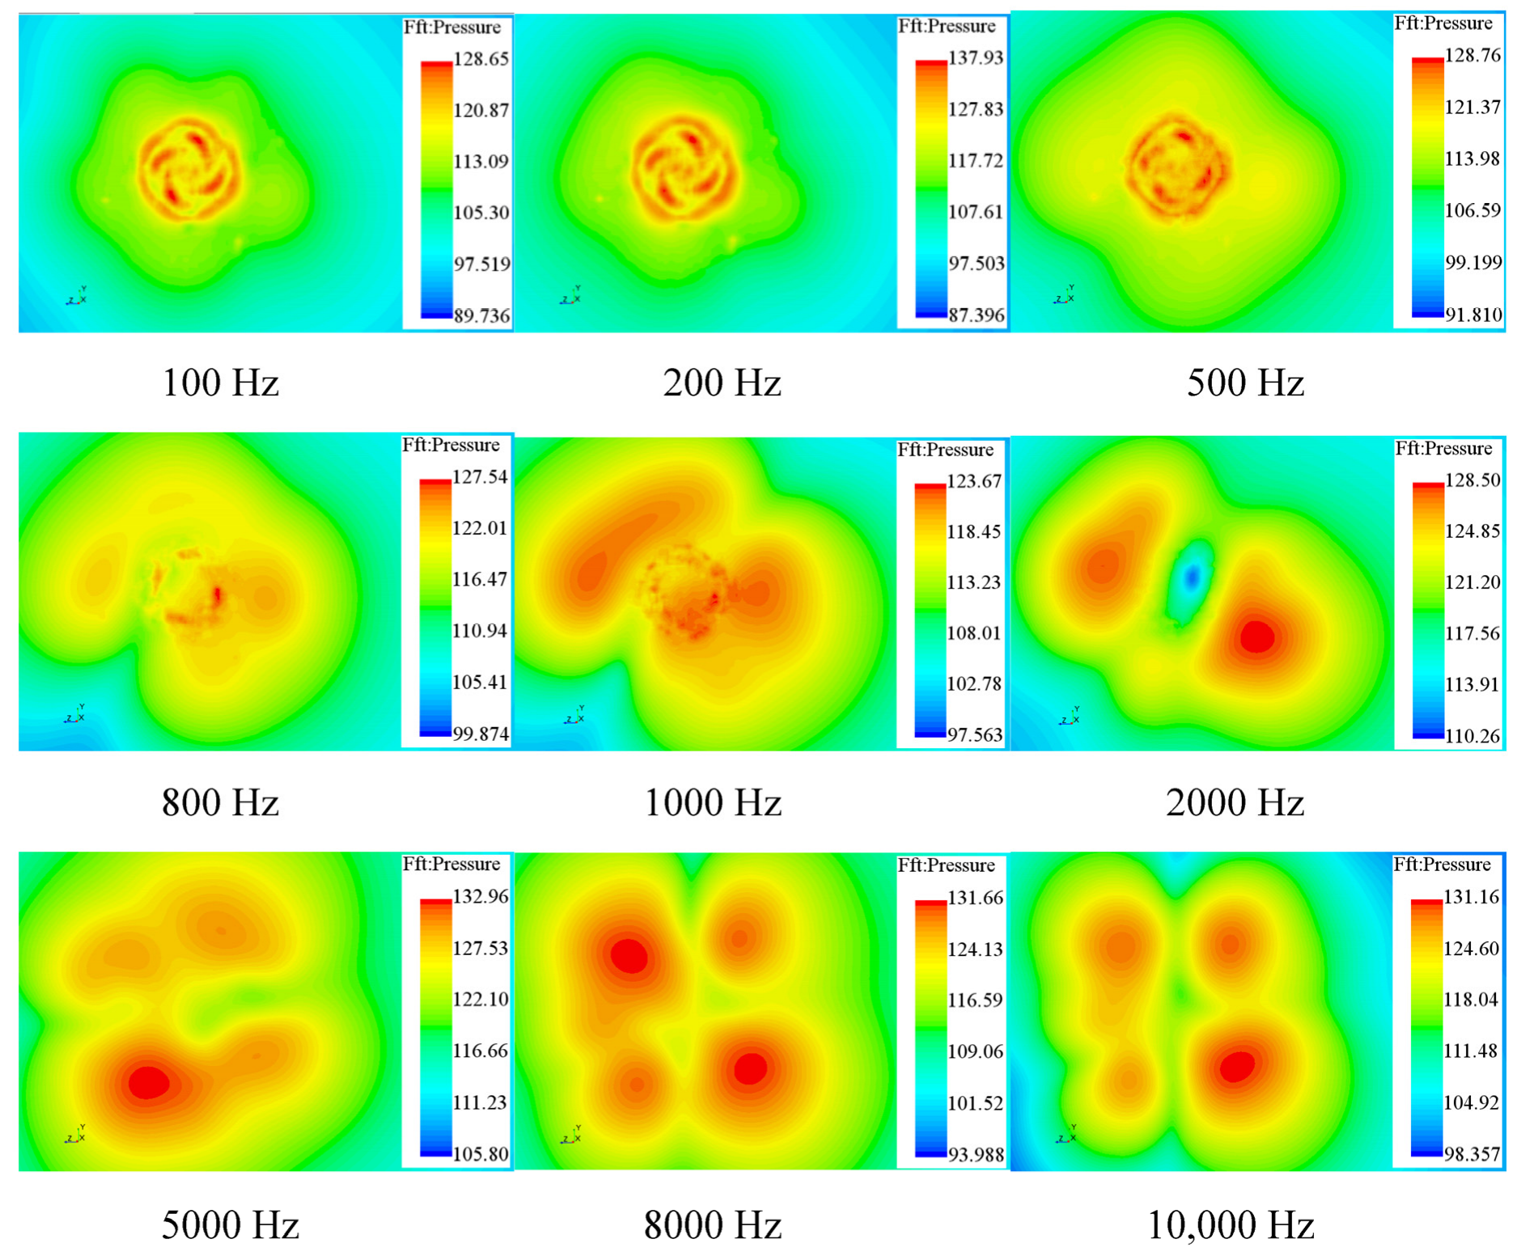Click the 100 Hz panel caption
(220, 383)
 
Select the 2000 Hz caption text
(1234, 802)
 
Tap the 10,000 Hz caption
(1230, 1224)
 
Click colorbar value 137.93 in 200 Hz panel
(976, 57)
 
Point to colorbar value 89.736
(481, 315)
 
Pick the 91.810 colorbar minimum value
(1473, 315)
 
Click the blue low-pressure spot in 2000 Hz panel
(1192, 576)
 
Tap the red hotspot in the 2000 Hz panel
(1256, 636)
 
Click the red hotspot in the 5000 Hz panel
(149, 1082)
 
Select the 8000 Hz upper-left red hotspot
(629, 956)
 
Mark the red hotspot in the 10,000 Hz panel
(1236, 1067)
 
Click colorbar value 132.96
(481, 896)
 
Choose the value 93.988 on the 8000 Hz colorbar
(976, 1155)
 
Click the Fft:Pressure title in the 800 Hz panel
(451, 446)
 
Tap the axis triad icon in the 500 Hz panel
(1065, 297)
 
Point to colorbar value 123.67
(974, 481)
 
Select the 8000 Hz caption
(712, 1224)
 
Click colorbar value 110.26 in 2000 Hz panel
(1473, 736)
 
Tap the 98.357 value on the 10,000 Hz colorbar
(1472, 1154)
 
